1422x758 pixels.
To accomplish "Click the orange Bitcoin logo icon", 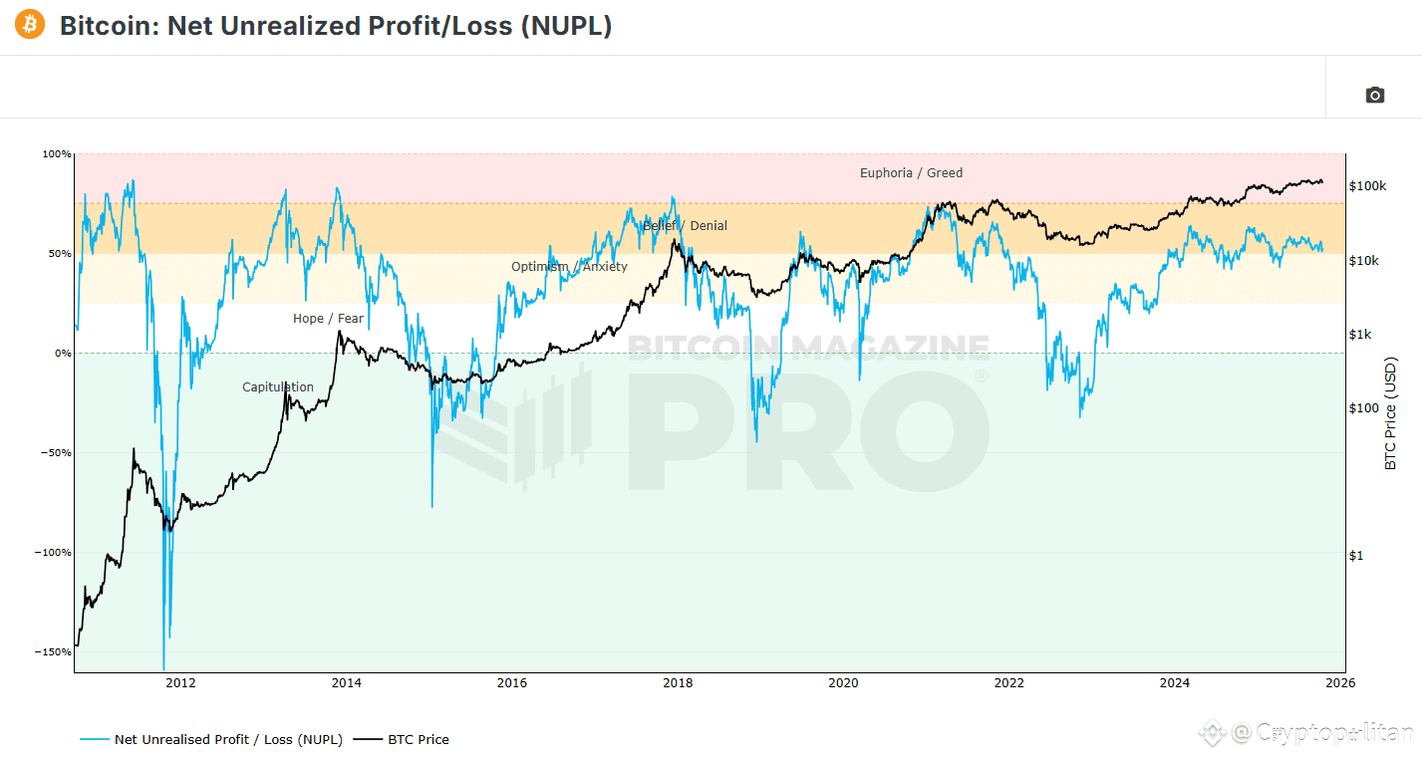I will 30,25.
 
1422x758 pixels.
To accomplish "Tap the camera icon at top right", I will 1374,95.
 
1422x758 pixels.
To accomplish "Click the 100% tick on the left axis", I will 57,154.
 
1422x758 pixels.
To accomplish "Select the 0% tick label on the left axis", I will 62,354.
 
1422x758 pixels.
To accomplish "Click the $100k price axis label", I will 1368,186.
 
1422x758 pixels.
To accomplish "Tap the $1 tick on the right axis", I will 1355,556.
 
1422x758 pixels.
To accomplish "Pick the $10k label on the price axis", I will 1364,261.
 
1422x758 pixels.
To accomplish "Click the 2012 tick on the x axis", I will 180,683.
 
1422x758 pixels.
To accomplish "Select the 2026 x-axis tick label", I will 1340,683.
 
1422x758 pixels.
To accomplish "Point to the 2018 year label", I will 678,683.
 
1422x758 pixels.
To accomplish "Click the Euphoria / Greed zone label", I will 911,173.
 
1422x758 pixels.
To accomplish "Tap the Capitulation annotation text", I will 278,387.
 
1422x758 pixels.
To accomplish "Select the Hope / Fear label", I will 328,319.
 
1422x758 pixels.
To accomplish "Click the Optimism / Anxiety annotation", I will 569,267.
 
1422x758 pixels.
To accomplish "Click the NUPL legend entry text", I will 228,740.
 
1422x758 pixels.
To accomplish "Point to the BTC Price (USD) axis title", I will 1390,413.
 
